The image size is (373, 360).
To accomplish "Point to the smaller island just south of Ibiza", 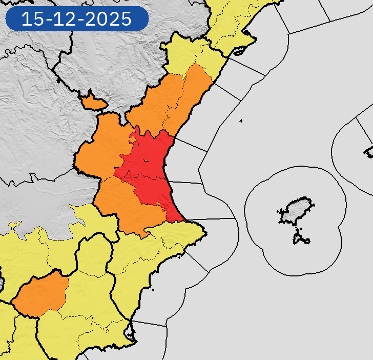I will (302, 237).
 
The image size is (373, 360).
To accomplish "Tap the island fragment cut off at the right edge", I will (369, 151).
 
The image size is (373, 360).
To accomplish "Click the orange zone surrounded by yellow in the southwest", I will (41, 295).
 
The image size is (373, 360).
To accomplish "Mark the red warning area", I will (151, 169).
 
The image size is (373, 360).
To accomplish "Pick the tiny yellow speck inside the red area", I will (146, 161).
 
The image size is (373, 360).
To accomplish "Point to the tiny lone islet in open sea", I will (240, 121).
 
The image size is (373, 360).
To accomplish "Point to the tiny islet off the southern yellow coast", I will (153, 291).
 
